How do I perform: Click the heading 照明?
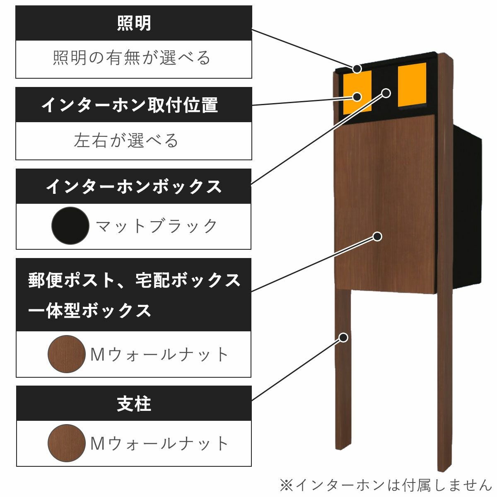[134, 23]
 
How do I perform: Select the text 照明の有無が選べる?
[132, 58]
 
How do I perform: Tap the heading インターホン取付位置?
[130, 105]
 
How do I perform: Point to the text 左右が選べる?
[126, 140]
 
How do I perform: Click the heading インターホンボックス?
[134, 186]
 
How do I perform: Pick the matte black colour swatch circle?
[70, 226]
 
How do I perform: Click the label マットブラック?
[157, 226]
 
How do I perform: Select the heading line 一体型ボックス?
[89, 310]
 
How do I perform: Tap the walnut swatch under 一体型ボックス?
[67, 354]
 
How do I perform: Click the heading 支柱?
[134, 404]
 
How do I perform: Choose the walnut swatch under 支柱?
[67, 443]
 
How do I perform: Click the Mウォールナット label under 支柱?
[159, 444]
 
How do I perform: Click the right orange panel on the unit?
[412, 85]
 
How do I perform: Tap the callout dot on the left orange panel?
[357, 97]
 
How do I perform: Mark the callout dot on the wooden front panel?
[377, 236]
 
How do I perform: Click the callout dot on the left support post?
[343, 337]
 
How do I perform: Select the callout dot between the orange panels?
[386, 93]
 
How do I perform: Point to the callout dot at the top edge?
[357, 68]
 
